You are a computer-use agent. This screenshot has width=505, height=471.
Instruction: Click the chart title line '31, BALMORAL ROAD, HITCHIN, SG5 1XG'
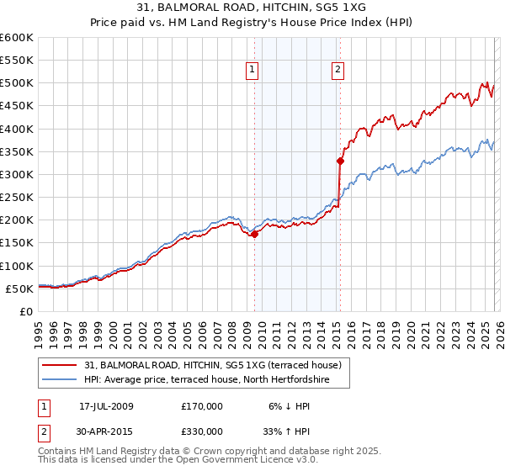click(x=252, y=8)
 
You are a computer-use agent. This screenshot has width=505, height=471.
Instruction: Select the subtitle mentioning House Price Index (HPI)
click(x=252, y=23)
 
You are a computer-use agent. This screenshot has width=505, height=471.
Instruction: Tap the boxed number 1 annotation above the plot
click(x=253, y=71)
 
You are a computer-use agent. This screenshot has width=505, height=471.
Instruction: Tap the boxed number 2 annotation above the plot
click(x=338, y=71)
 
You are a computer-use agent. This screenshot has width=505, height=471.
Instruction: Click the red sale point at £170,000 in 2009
click(x=254, y=234)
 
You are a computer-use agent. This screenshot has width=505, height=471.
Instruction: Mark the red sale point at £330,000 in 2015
click(x=340, y=161)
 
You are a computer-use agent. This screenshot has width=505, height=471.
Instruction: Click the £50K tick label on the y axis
click(x=19, y=288)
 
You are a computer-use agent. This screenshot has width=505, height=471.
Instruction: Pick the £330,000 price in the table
click(x=202, y=433)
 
